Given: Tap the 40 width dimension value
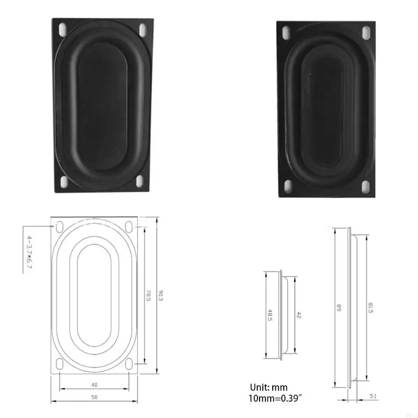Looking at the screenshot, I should point(94,385).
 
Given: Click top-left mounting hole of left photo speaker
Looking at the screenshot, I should point(63,27).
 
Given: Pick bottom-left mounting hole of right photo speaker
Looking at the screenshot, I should point(288,185).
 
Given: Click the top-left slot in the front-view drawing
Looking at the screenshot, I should point(60,225).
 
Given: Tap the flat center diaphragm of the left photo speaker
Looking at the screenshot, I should point(102,104).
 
